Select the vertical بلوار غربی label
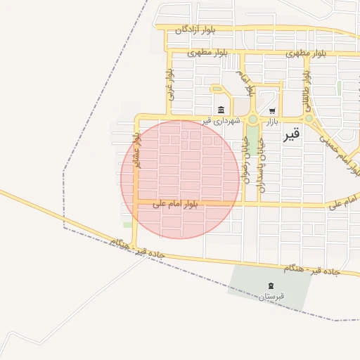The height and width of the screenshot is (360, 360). click(x=169, y=83)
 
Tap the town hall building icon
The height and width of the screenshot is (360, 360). click(x=221, y=110)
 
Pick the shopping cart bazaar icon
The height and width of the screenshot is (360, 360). click(x=272, y=111)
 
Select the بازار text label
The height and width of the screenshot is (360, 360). click(x=272, y=122)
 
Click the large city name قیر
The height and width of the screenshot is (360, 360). click(x=291, y=134)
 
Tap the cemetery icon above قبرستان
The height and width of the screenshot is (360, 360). click(x=271, y=285)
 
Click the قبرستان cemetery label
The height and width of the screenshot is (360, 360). click(x=271, y=297)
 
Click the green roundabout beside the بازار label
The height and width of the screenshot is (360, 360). click(x=253, y=120)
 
